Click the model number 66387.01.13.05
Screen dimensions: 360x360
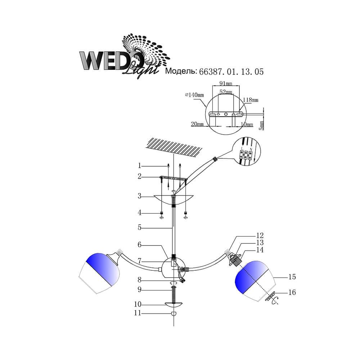pyautogui.click(x=231, y=72)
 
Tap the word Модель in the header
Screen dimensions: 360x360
pyautogui.click(x=181, y=71)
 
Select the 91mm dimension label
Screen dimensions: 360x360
pyautogui.click(x=226, y=83)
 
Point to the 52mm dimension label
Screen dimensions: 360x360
pyautogui.click(x=226, y=92)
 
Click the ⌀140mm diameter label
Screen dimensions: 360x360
pyautogui.click(x=194, y=95)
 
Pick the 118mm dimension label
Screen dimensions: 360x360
pyautogui.click(x=251, y=100)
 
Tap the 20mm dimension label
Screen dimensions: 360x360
pyautogui.click(x=197, y=124)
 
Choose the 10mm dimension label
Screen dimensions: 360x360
pyautogui.click(x=247, y=124)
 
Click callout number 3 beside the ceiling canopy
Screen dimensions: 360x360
pyautogui.click(x=139, y=196)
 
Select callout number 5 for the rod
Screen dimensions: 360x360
pyautogui.click(x=139, y=227)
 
